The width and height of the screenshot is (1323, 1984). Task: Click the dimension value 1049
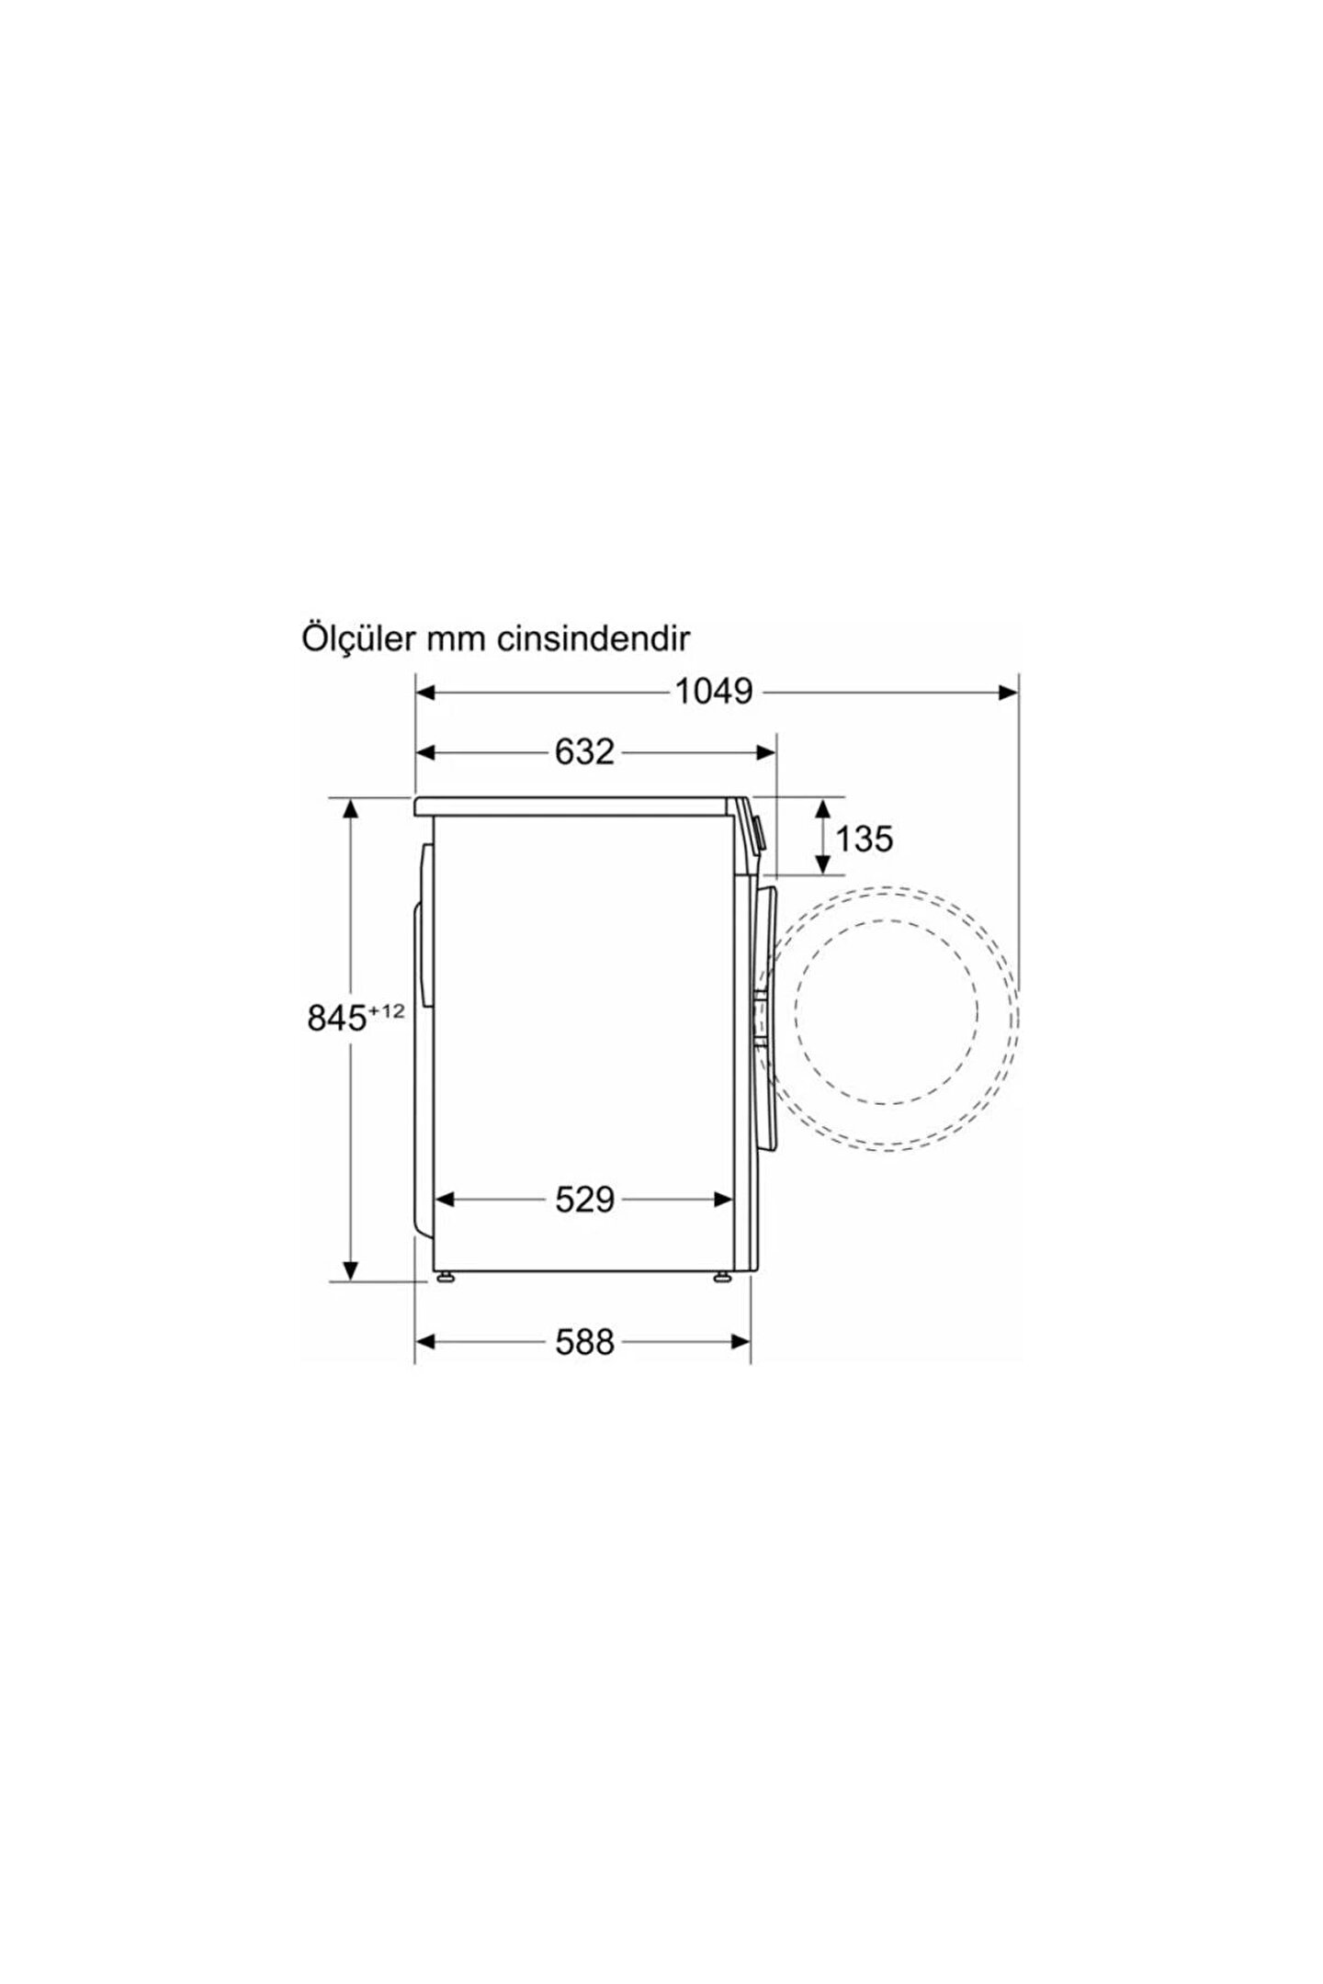pos(715,692)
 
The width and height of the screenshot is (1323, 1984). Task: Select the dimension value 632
pos(584,752)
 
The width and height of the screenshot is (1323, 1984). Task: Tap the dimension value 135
pos(864,838)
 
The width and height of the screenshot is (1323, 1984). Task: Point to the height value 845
pos(337,1019)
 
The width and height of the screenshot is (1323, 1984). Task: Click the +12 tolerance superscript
pos(387,1011)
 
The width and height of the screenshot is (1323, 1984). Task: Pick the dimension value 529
pos(584,1199)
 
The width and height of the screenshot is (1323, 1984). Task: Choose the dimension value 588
pos(584,1343)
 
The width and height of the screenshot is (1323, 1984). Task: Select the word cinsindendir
pos(594,639)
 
